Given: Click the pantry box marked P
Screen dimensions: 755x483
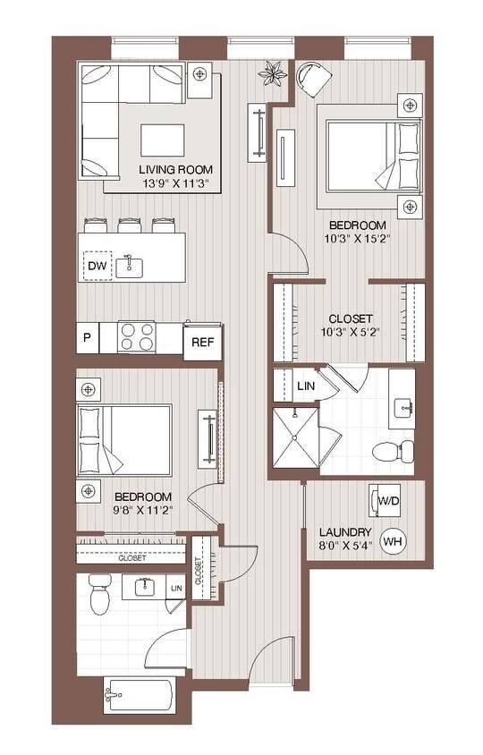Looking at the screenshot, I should pos(87,338).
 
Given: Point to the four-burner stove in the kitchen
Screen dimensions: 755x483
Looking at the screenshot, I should pos(140,337).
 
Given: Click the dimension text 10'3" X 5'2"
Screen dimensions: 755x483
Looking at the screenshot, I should pos(350,333).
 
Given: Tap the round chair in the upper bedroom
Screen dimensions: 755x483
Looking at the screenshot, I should pos(313,79).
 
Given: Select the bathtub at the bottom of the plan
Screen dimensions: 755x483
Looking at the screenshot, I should pos(142,696).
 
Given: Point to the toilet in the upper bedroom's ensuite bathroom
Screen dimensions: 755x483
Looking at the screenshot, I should pos(393,448).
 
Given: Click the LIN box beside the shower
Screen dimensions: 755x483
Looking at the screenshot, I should pos(305,386).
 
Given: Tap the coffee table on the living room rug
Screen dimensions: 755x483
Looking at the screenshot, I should pos(163,139).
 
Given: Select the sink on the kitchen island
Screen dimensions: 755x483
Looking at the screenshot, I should pos(132,264).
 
